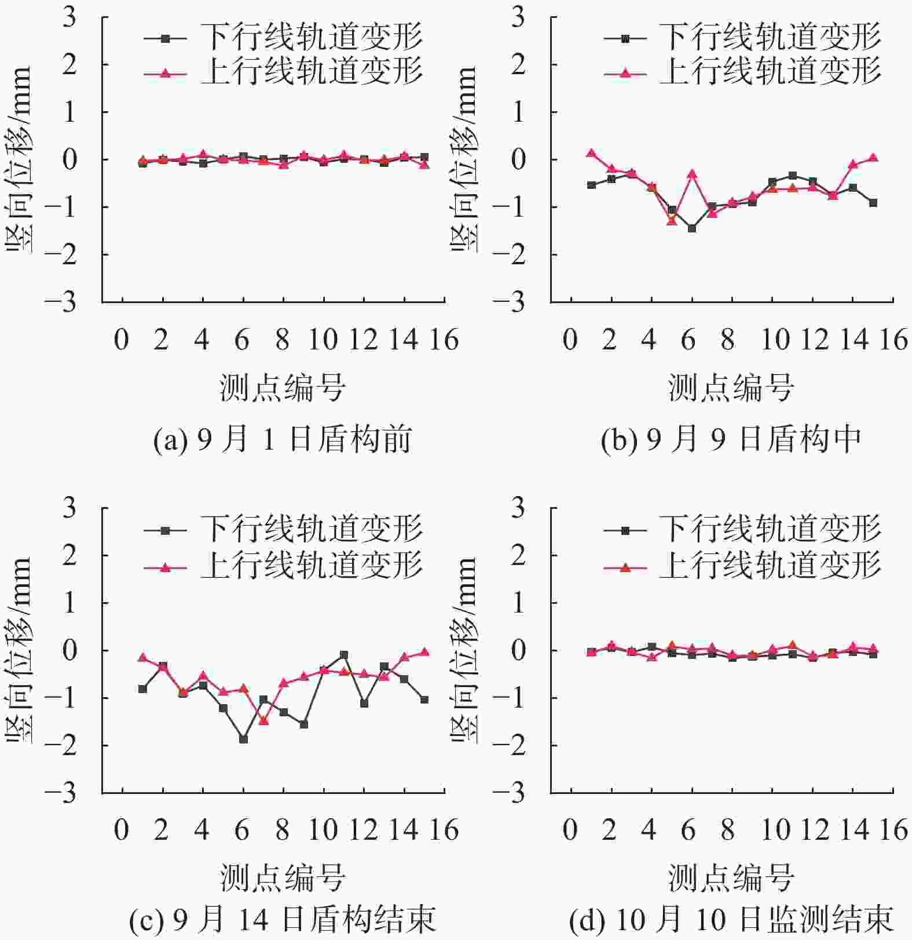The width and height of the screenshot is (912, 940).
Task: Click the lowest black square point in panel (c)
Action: coord(243,739)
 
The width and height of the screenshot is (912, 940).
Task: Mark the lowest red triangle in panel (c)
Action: coord(263,720)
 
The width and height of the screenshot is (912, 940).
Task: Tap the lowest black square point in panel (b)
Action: coord(691,228)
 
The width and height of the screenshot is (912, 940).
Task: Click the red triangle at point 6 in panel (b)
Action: coord(691,174)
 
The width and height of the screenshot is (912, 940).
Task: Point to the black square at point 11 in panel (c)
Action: coord(344,655)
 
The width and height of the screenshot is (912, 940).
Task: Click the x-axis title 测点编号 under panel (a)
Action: coord(282,388)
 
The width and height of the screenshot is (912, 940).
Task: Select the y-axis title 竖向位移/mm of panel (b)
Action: coord(463,159)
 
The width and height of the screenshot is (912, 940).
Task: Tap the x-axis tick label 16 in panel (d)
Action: coord(893,830)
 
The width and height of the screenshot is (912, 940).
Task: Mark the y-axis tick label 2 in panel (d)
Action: coord(518,555)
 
